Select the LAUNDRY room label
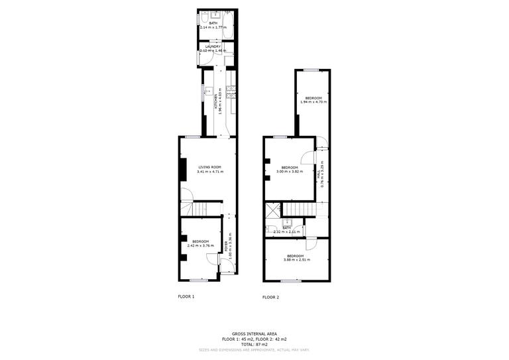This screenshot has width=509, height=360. point(213,46)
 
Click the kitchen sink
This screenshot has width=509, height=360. point(207,91)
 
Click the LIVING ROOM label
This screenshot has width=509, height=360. point(209,167)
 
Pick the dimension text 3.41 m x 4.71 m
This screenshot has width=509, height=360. point(210,172)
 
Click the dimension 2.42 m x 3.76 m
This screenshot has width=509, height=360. point(201,246)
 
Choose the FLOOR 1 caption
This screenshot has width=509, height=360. point(186,296)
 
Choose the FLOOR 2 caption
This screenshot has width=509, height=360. point(270,297)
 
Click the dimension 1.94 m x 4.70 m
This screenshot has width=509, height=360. point(313,102)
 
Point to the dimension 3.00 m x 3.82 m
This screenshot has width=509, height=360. point(290,172)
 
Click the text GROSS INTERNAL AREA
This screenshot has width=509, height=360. point(254,333)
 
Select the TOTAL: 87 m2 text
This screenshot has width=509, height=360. point(254,344)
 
